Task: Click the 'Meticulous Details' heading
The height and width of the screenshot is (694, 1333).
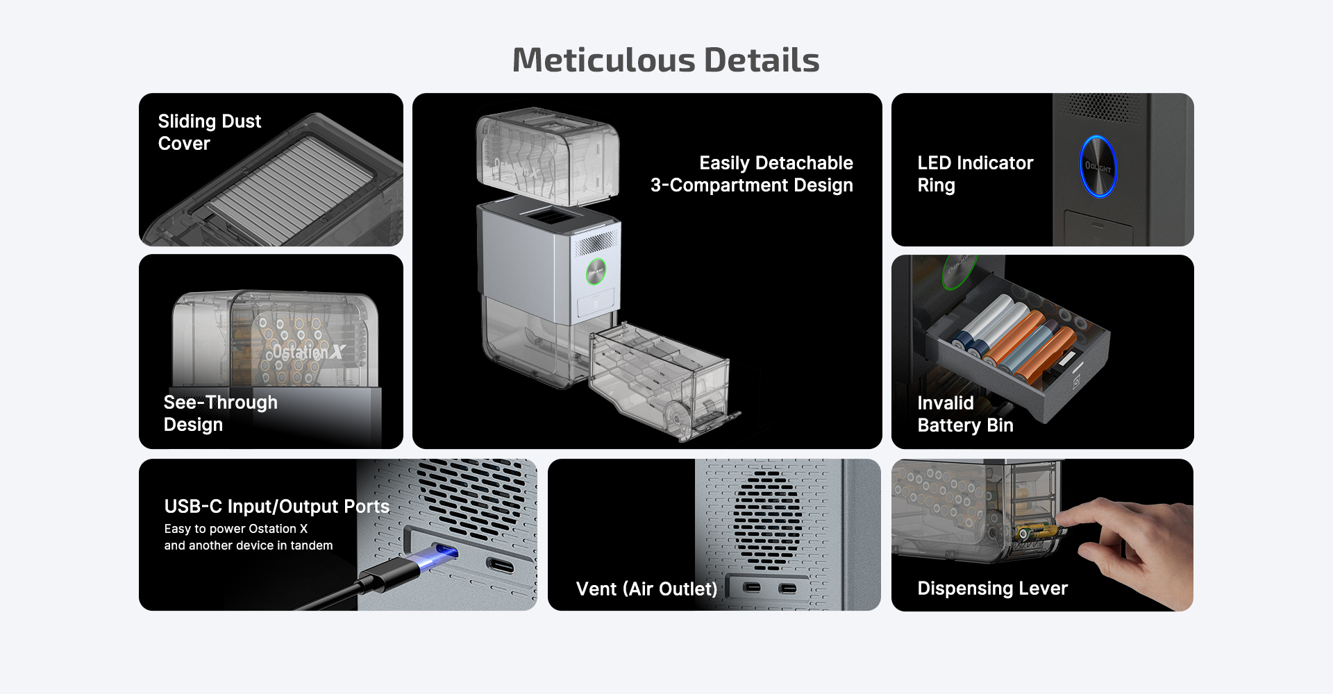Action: coord(666,60)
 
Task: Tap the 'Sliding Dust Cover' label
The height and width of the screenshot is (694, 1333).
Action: coord(210,132)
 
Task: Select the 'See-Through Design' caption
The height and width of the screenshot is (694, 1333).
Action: coord(221,414)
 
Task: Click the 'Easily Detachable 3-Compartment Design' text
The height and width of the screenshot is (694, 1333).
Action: coord(752,174)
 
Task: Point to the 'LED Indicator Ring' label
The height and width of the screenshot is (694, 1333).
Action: coord(975,174)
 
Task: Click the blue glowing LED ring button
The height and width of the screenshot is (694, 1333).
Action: coord(1098,167)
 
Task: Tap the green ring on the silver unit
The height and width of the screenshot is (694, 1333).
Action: coord(596,271)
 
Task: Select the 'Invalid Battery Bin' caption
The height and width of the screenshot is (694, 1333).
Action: coord(966,414)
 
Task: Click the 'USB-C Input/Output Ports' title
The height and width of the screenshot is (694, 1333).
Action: coord(277,507)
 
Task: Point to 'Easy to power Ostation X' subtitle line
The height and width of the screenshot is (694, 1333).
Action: coord(236,529)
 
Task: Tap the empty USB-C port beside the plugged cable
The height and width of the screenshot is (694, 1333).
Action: coord(501,566)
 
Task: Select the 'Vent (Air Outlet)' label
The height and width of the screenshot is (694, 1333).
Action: coord(646,589)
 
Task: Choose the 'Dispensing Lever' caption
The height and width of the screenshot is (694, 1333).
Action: coord(993,589)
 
